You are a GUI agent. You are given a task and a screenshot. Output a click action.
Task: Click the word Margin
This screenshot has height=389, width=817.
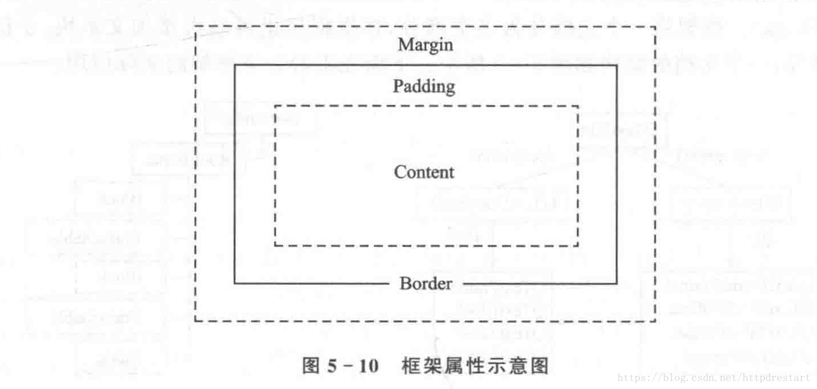click(426, 44)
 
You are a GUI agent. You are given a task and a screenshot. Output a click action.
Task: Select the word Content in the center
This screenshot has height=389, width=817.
click(424, 172)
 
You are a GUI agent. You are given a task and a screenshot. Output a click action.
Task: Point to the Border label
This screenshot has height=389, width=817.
click(426, 283)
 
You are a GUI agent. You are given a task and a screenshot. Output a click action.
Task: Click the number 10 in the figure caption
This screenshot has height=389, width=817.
click(368, 366)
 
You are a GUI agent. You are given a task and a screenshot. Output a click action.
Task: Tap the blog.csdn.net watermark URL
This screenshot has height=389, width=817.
click(714, 377)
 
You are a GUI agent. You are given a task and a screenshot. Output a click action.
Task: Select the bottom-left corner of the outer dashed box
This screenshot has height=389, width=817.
click(195, 321)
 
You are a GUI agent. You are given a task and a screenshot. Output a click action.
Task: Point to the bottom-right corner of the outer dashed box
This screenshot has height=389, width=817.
click(656, 321)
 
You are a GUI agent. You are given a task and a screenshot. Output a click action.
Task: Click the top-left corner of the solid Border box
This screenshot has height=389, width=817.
click(235, 65)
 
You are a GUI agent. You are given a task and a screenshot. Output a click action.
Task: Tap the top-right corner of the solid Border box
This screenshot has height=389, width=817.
click(616, 65)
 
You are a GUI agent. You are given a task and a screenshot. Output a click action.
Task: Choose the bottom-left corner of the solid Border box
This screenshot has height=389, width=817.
click(235, 283)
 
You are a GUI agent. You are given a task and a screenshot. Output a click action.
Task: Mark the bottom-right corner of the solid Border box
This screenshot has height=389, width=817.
click(616, 283)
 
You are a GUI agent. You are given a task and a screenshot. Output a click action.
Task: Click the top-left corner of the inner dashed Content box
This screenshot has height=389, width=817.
click(275, 106)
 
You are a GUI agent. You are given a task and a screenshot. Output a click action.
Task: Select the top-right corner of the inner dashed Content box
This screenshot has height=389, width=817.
click(578, 106)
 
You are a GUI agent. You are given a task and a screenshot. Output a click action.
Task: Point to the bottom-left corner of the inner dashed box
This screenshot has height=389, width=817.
click(275, 245)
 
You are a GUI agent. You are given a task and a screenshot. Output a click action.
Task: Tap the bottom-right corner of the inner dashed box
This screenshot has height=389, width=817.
click(578, 245)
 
